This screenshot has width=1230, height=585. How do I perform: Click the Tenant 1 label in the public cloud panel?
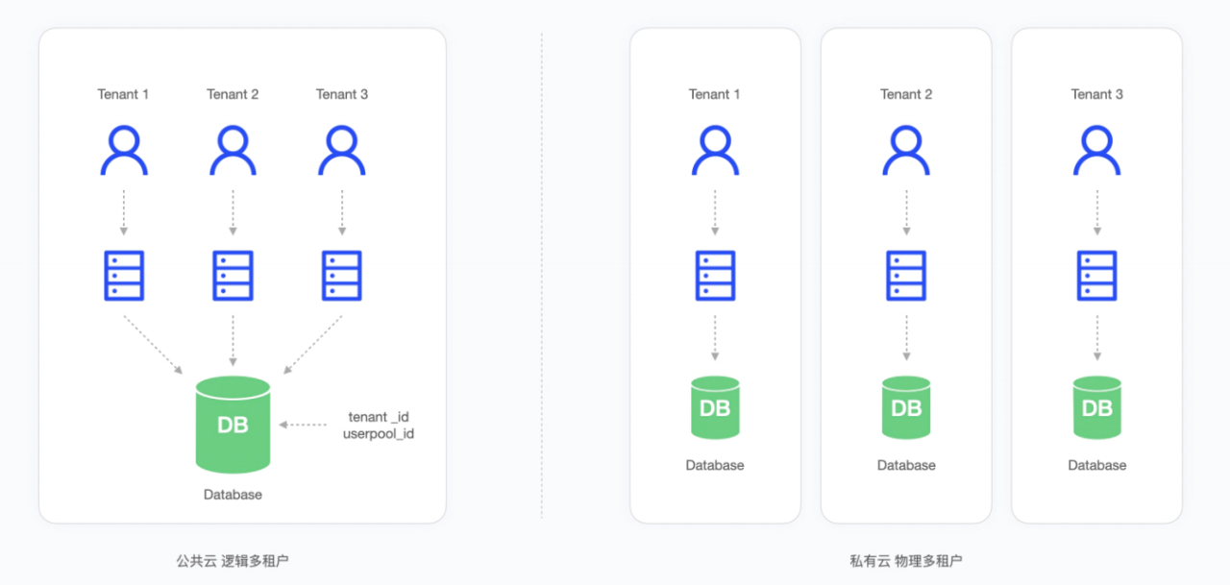coord(123,94)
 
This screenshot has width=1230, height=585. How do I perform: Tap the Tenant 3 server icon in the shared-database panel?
coord(341,276)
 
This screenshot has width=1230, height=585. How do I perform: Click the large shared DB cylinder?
coord(233,425)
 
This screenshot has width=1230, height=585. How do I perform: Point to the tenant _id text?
coord(379,417)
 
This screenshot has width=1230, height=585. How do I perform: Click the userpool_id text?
coord(379,433)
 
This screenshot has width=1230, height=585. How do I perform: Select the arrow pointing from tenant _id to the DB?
coord(303,425)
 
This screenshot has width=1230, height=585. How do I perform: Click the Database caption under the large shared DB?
coord(233,495)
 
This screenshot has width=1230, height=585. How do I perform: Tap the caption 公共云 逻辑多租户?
coord(233,561)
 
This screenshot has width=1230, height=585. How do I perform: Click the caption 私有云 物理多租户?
coord(906,561)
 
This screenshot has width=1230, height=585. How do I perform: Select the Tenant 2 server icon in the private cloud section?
coord(906,276)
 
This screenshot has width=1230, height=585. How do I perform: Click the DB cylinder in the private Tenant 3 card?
coord(1097,407)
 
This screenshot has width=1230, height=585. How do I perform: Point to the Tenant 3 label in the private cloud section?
coord(1097,94)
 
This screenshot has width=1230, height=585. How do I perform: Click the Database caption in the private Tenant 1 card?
coord(715,465)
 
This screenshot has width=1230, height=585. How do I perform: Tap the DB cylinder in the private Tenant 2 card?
coord(906,407)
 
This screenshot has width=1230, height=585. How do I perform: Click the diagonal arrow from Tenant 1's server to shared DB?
coord(153,345)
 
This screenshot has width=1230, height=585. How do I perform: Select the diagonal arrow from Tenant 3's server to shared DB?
coord(312,345)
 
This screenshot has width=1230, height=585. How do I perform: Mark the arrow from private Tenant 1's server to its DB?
coord(715,338)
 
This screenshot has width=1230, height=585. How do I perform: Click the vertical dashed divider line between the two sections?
coord(541,276)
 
